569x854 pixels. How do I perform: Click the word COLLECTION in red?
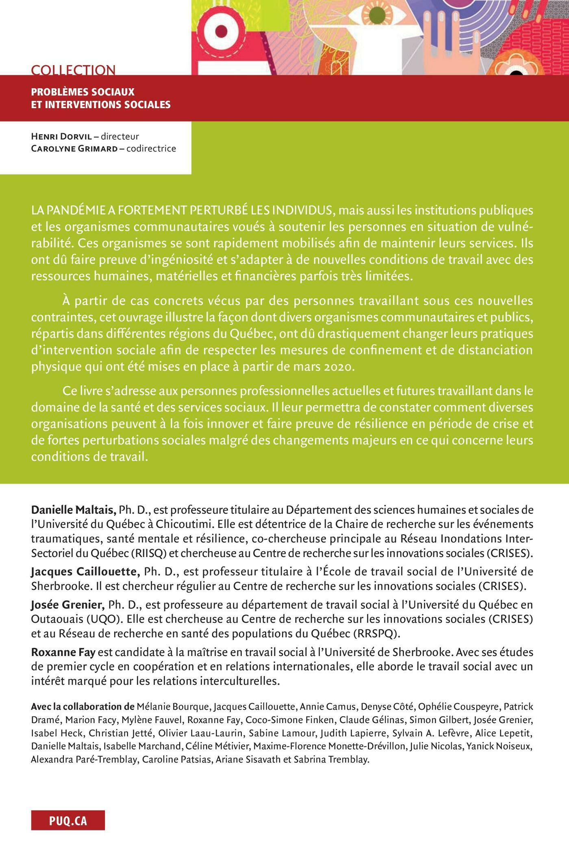(x=73, y=70)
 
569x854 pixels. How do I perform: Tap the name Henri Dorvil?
(x=61, y=137)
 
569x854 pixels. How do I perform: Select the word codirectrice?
(x=151, y=148)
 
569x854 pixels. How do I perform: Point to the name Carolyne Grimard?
(x=74, y=148)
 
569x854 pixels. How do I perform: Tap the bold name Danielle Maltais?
(x=74, y=510)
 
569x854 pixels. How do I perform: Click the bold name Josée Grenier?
(x=68, y=605)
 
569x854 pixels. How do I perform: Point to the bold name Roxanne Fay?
(x=63, y=653)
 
